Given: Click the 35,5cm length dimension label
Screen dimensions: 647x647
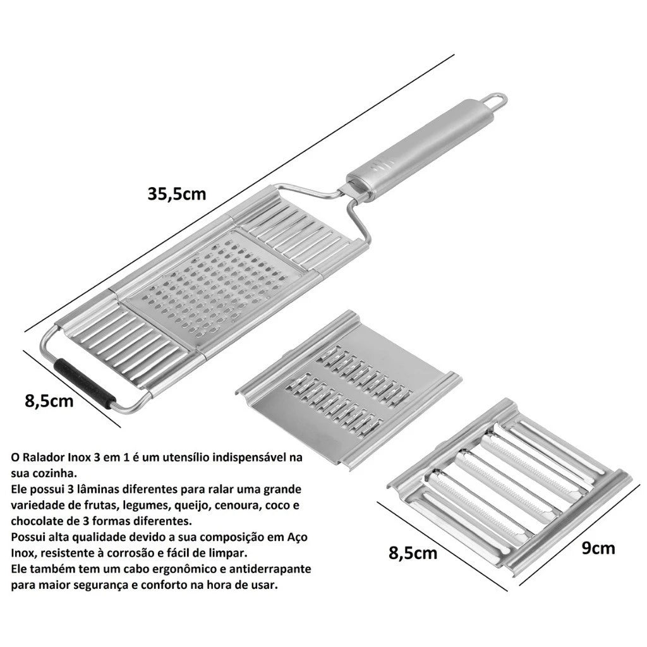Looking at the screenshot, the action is (x=177, y=193).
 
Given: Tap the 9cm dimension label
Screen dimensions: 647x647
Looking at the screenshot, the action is (x=598, y=548).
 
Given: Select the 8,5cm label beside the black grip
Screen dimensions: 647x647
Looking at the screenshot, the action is (x=49, y=401).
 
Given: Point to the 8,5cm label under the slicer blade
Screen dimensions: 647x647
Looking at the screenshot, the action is (x=413, y=553).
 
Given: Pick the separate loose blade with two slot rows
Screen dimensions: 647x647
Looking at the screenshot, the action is (x=349, y=390).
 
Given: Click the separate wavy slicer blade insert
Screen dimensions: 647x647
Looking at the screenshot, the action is (x=510, y=489).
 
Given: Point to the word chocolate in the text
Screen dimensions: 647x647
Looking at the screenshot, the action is (x=37, y=521).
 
